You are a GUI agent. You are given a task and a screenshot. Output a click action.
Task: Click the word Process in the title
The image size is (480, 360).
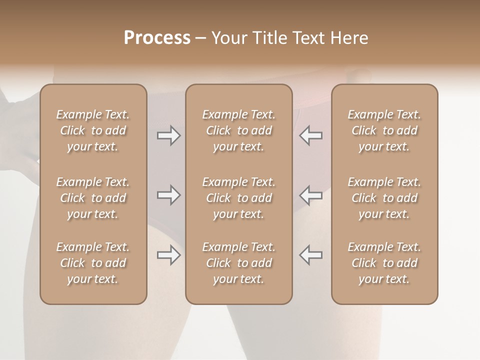[x=157, y=38]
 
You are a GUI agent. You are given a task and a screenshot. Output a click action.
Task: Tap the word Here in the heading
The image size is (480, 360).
[x=348, y=38]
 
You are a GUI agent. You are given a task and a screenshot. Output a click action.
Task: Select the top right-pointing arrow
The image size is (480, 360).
[x=169, y=135]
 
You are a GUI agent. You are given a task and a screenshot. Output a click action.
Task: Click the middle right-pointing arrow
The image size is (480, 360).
[x=169, y=195]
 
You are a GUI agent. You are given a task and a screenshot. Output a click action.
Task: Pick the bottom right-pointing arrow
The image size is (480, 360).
[x=169, y=255]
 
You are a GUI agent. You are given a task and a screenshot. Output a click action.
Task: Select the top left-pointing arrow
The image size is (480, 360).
[x=310, y=135]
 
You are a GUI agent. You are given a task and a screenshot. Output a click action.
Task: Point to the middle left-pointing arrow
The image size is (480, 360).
[x=310, y=195]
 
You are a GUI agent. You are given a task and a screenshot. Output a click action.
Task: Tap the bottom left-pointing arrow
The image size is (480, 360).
[x=310, y=255]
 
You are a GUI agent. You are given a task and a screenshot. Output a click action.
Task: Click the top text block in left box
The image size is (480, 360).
[x=93, y=130]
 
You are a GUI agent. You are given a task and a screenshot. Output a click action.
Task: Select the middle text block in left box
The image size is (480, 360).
[x=93, y=198]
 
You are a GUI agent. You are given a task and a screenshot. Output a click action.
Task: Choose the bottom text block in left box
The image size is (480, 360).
[x=93, y=263]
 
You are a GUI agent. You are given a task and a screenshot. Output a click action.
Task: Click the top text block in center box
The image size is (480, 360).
[x=238, y=130]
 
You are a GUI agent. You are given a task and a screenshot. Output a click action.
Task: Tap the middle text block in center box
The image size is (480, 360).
[x=238, y=198]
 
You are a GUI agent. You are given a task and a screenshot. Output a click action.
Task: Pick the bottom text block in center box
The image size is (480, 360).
[x=238, y=263]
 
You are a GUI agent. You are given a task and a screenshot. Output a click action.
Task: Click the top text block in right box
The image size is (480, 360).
[x=384, y=130]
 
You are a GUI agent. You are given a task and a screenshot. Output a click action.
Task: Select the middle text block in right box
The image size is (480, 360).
[x=384, y=198]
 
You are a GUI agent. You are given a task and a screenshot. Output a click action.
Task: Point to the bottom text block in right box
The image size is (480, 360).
[x=384, y=263]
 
